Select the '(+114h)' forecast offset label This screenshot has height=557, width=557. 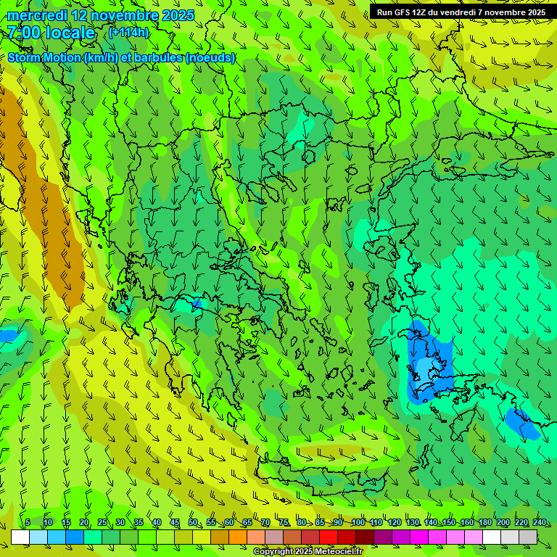[128, 33]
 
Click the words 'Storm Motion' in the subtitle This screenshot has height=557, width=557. [45, 58]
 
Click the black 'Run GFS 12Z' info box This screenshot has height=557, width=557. [461, 12]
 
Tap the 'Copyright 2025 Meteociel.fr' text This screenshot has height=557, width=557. [308, 552]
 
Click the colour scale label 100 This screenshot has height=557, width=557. [358, 523]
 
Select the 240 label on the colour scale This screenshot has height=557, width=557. [540, 523]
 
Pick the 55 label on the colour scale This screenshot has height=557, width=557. [210, 523]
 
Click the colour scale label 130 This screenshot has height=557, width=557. [413, 523]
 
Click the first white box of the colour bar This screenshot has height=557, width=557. [20, 537]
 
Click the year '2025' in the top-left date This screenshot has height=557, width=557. [178, 15]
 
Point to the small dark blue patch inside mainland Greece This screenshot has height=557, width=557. [196, 303]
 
